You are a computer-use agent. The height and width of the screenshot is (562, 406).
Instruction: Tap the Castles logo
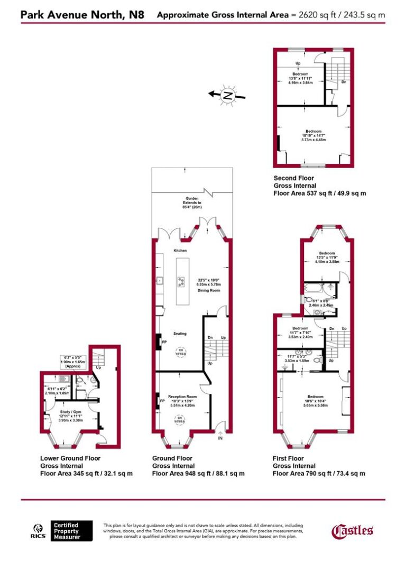tap(353, 530)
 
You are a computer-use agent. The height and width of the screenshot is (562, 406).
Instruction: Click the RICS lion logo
tap(39, 530)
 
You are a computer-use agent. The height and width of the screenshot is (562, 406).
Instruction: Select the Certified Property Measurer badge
tap(67, 531)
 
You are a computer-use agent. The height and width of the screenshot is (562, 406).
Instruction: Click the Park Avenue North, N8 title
tap(82, 14)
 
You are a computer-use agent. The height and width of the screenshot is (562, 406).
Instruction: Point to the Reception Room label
tap(182, 396)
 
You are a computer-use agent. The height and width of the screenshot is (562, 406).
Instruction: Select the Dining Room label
tap(209, 290)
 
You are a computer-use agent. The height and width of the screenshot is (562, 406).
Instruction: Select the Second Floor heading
tap(294, 178)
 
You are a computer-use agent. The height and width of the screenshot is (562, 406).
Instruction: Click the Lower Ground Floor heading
tap(70, 458)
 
